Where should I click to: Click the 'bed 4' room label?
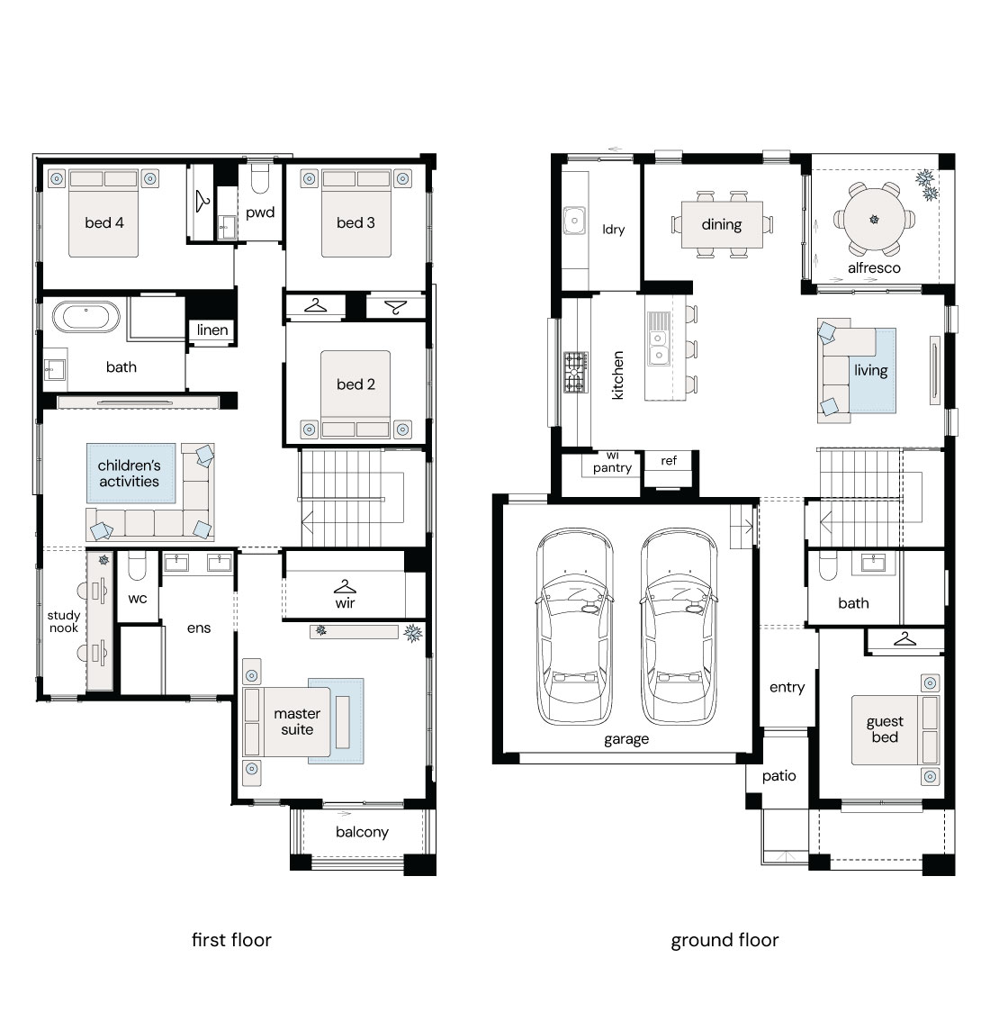[x=103, y=222]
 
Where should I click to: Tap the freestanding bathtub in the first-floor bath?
[x=86, y=317]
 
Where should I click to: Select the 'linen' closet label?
[x=212, y=330]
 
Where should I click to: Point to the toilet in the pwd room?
[x=260, y=178]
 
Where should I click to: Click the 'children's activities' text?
[x=129, y=474]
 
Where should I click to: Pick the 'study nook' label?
[x=64, y=621]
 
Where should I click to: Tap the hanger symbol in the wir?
[x=345, y=587]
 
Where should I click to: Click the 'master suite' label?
[x=297, y=721]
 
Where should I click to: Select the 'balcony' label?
[x=362, y=832]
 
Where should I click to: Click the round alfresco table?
[x=874, y=220]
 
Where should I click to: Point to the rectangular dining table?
[x=722, y=224]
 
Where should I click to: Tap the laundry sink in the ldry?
[x=574, y=221]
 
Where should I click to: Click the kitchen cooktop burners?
[x=576, y=373]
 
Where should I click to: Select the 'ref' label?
[x=669, y=460]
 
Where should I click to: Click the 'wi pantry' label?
[x=612, y=463]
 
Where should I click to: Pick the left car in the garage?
[x=574, y=627]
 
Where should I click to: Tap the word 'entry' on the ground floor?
[x=787, y=688]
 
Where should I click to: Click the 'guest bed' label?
[x=885, y=729]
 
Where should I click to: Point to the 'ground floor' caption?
[x=724, y=941]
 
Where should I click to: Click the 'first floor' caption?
[x=231, y=940]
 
